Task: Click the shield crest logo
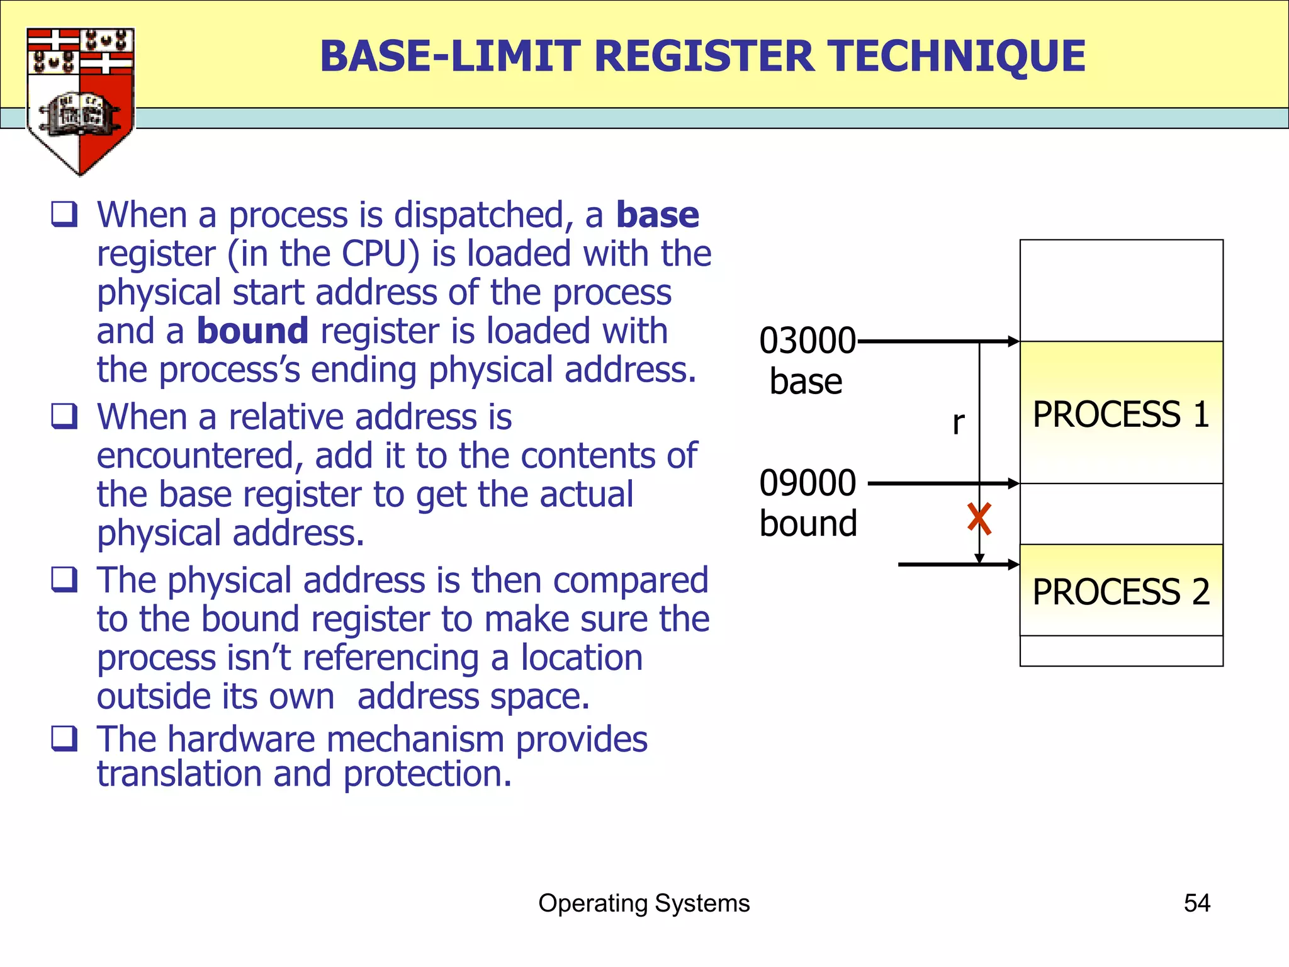pos(80,101)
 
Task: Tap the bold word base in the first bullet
pos(657,215)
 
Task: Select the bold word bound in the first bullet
pos(252,331)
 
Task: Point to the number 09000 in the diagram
pos(807,483)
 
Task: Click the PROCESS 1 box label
pos(1120,414)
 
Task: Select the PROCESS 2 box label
pos(1120,592)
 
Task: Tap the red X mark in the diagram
pos(979,519)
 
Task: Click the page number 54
pos(1196,903)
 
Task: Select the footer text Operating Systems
pos(644,903)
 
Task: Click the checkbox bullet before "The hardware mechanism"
pos(64,738)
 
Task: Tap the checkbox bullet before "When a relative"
pos(64,416)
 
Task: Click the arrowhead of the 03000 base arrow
pos(1013,341)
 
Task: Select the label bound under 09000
pos(808,524)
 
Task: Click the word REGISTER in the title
pos(704,57)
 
